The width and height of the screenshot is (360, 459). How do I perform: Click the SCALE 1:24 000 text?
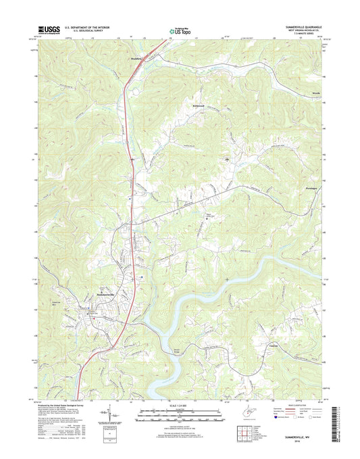[x=179, y=405]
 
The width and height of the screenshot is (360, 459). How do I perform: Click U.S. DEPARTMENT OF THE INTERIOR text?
[x=91, y=27]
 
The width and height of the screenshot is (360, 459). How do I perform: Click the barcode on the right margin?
[x=333, y=427]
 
